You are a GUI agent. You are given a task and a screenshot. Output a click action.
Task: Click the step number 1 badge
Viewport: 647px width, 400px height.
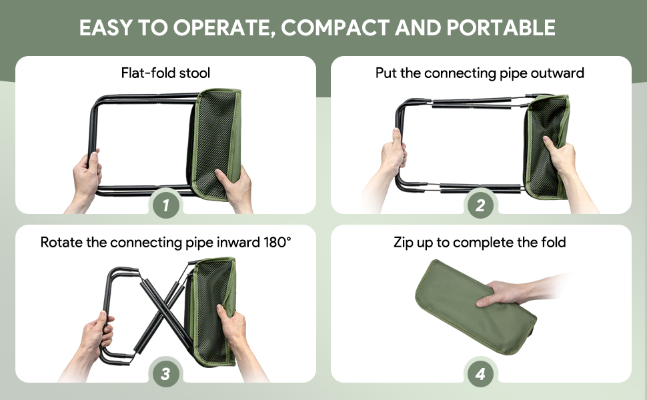(x=166, y=205)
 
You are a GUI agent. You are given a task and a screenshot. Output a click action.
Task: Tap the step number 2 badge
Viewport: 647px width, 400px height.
(x=480, y=205)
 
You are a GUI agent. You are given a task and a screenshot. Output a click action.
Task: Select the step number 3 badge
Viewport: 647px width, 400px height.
(x=166, y=374)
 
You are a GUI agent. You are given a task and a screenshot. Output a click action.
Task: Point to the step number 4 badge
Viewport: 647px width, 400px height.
(x=480, y=374)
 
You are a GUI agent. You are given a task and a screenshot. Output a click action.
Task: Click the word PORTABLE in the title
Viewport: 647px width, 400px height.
(x=501, y=27)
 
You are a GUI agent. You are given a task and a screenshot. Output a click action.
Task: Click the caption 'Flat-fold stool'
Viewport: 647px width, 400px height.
(x=165, y=73)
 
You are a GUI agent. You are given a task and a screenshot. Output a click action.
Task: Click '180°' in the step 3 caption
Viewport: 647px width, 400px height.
(x=277, y=242)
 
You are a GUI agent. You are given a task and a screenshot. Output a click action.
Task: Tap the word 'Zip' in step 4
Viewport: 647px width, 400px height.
(x=404, y=243)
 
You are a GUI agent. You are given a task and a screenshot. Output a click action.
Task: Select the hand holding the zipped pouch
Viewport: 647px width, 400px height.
(x=506, y=293)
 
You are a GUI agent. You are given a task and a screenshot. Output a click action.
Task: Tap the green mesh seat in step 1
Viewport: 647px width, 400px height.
(x=216, y=144)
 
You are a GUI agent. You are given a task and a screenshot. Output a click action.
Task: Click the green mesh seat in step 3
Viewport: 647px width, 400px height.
(x=211, y=312)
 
